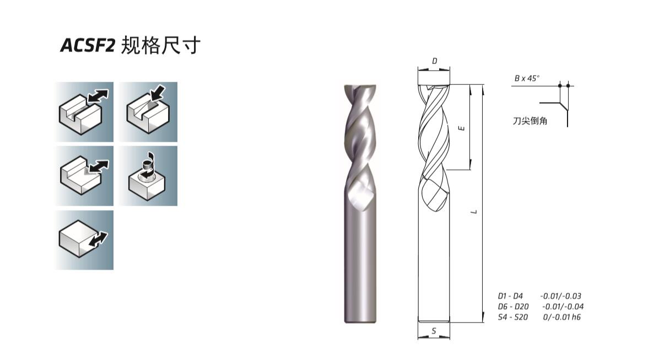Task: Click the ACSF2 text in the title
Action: (x=88, y=46)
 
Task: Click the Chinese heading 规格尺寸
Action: (x=161, y=45)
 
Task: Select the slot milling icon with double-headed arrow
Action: (x=84, y=112)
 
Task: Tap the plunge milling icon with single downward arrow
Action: (x=148, y=112)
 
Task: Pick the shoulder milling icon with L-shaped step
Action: (x=84, y=176)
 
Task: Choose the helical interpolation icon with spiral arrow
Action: (x=148, y=176)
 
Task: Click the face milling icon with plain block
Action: (x=84, y=240)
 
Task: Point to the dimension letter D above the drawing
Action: (x=435, y=61)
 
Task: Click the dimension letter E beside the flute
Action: (x=462, y=128)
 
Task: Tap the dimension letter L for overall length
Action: (x=474, y=212)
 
